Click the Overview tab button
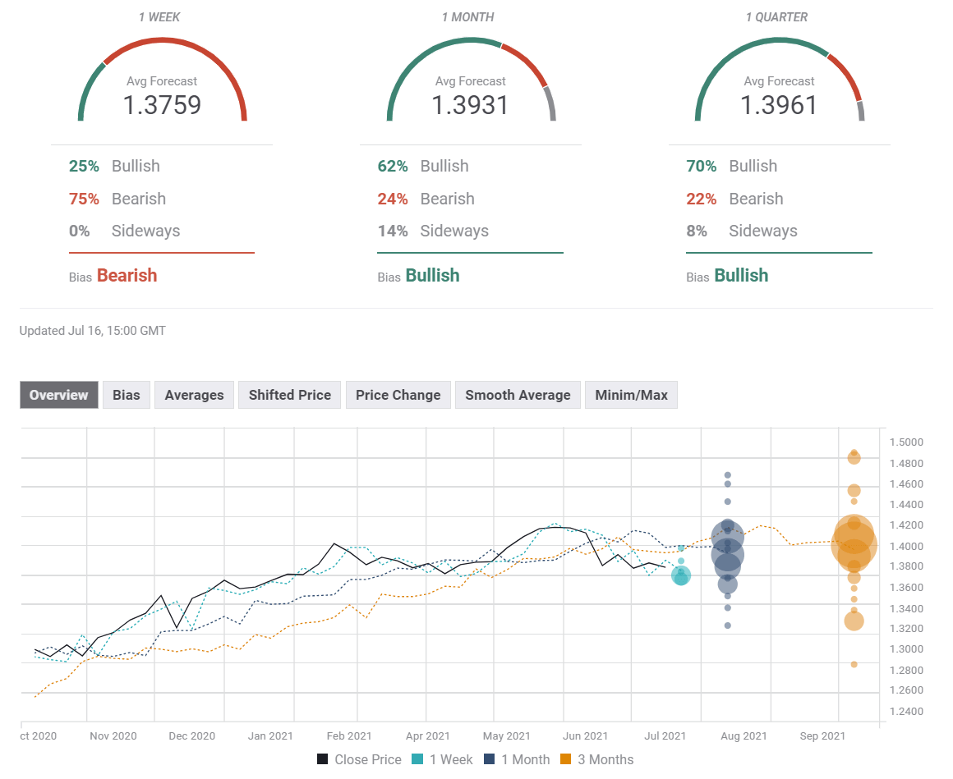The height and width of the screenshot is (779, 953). click(59, 395)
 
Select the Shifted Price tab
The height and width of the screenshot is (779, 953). click(289, 395)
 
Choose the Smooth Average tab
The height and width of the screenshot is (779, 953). click(518, 395)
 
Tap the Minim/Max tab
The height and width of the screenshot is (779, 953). click(631, 395)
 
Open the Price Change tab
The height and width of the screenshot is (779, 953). click(398, 395)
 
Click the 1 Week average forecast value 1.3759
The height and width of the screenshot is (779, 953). click(162, 105)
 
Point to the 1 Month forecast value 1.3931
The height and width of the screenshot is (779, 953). click(470, 105)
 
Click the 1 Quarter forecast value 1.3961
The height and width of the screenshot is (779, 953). click(779, 105)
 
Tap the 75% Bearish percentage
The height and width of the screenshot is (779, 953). click(84, 199)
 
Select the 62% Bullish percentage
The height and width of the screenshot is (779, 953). click(393, 166)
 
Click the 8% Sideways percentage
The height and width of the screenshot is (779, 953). click(697, 231)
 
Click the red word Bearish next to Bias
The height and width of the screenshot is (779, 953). click(127, 276)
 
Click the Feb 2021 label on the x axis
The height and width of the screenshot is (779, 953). click(348, 736)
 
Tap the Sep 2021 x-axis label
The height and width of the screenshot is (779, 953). click(822, 736)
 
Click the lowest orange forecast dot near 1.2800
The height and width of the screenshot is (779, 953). click(854, 664)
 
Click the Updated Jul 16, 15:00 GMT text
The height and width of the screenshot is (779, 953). click(93, 331)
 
